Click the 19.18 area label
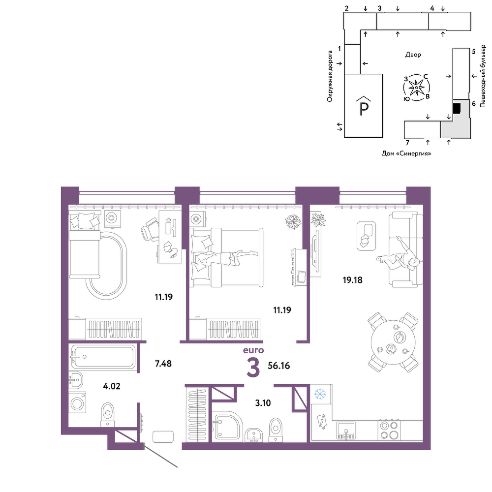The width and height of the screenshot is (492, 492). coord(352,279)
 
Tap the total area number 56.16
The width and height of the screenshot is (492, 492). coord(278,366)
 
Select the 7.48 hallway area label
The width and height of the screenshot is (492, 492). coord(163,364)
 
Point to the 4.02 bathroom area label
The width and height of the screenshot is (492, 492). coord(112,386)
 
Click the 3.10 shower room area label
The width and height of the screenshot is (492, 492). coord(263,402)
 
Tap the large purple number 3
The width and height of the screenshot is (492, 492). coord(253,368)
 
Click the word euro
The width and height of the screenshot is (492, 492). coord(253,350)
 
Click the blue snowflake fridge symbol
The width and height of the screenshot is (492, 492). coord(320,394)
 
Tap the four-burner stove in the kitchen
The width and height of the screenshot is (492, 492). coord(389,430)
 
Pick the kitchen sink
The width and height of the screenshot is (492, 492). coord(346,430)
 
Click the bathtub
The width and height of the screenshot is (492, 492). coord(103,356)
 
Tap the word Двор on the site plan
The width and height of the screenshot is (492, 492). coord(413,55)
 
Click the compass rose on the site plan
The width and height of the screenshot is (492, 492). coord(416,88)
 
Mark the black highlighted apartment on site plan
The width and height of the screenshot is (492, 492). coord(457,108)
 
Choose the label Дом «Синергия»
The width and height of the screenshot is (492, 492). coord(406,154)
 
